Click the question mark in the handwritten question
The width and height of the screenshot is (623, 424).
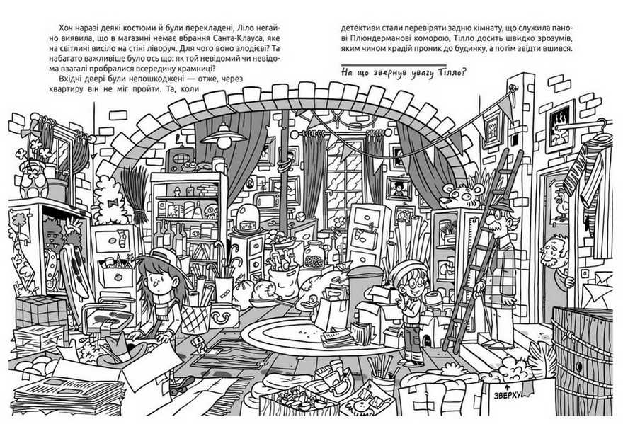coord(455,71)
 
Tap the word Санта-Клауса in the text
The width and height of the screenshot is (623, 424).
coord(239,40)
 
